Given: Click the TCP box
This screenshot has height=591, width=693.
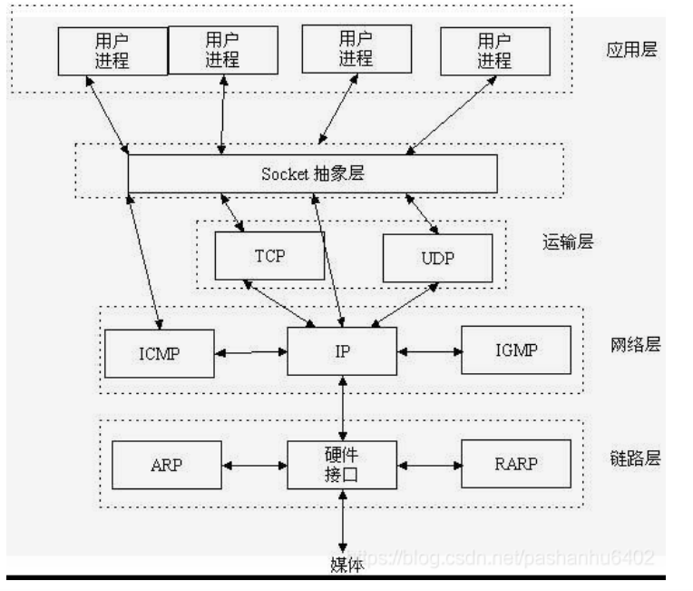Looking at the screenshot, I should coord(268,255).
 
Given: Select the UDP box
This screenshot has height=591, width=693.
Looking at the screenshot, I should coord(437,259).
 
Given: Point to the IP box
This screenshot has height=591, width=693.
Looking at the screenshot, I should coord(342,350).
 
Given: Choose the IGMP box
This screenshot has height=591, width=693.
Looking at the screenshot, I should coord(517,350).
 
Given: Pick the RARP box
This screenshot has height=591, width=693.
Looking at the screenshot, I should coord(517,465).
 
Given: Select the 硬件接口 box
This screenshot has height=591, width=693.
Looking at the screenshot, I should coord(342,464).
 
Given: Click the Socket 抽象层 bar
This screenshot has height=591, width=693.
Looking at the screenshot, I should coord(312,173).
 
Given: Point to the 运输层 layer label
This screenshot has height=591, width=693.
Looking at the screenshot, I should coord(567,241).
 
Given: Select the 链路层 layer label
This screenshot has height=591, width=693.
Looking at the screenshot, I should coord(635,457).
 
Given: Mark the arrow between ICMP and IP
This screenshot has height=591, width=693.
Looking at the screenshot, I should coord(250,350).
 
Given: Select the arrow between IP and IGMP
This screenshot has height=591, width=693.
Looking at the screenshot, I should coord(429,350).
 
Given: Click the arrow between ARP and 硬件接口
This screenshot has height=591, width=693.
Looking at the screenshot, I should coord(254,465).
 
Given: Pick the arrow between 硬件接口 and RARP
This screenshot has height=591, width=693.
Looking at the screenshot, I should coord(429,464).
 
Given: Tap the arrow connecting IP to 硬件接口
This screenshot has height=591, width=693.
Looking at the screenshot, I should coord(342,407).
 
